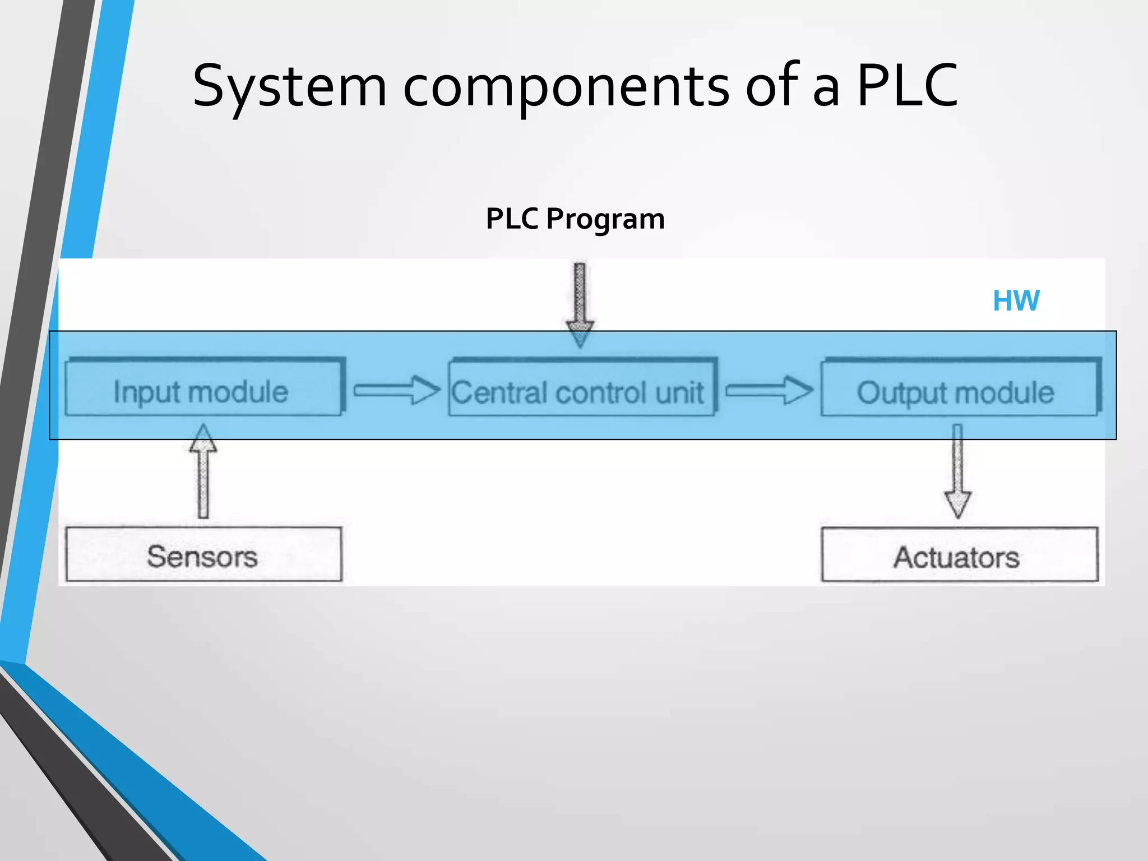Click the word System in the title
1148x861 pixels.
pos(289,87)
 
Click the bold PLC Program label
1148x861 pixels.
pos(575,219)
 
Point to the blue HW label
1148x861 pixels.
pos(1016,301)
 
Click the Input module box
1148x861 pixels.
pos(203,388)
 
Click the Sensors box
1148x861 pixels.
pos(203,554)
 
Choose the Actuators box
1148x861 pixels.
pos(959,556)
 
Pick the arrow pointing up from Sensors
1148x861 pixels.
pos(203,471)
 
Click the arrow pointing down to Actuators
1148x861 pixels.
pos(957,471)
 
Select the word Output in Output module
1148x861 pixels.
pos(896,393)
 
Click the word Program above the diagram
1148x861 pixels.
pos(605,219)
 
